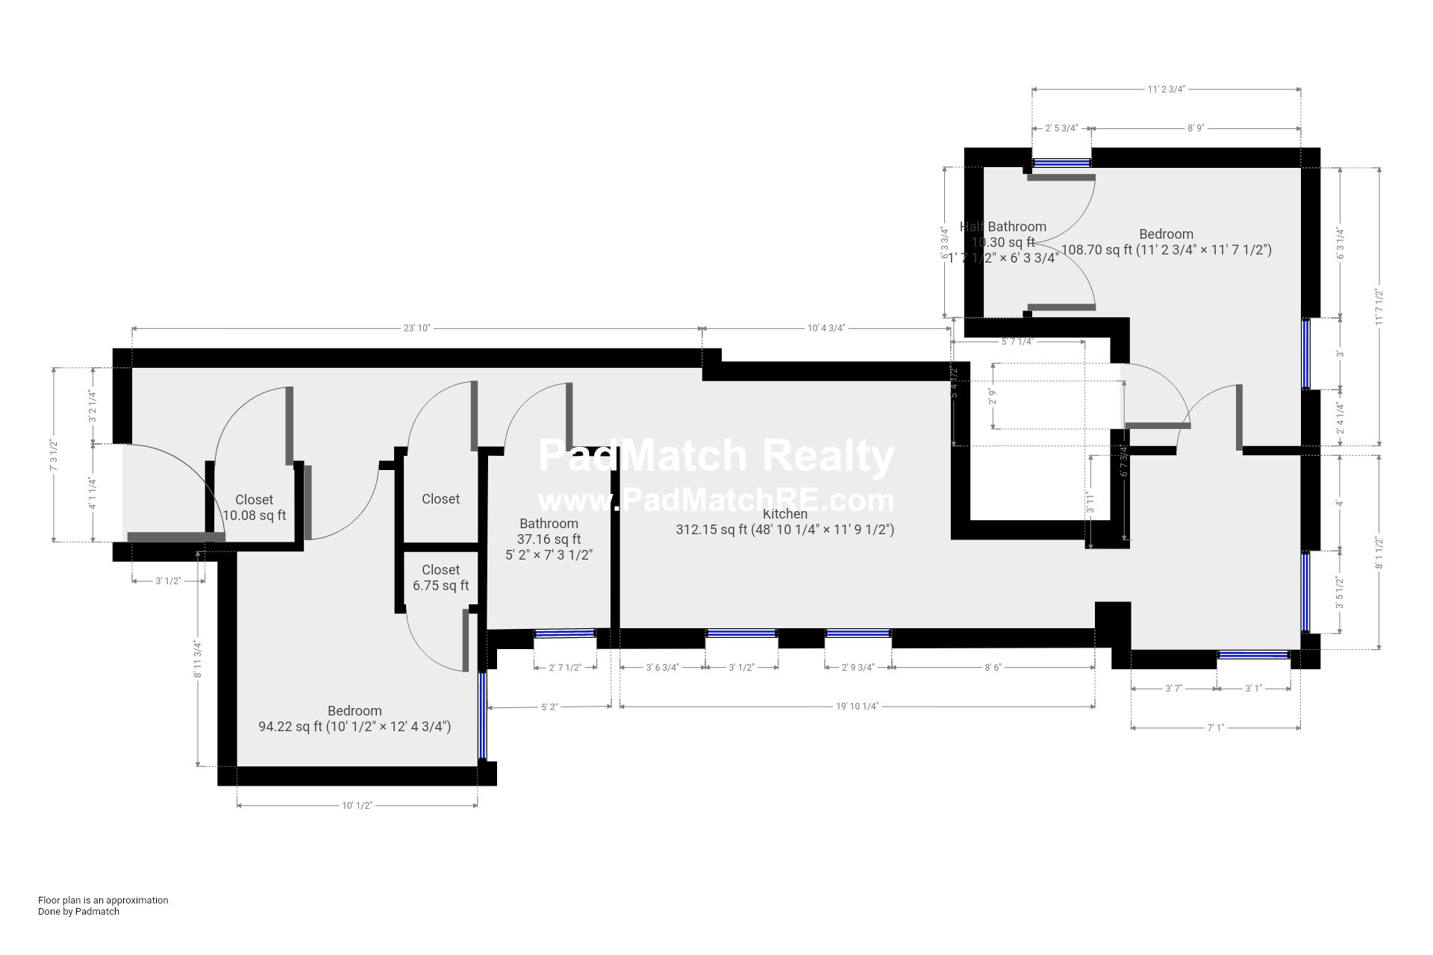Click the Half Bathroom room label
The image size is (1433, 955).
click(x=1002, y=227)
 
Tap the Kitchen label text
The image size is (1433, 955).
click(x=784, y=514)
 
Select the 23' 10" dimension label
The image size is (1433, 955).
click(x=417, y=328)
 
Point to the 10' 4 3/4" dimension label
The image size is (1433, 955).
click(x=825, y=328)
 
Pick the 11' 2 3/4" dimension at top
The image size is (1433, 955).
click(x=1166, y=90)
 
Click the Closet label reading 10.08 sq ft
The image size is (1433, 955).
click(x=254, y=507)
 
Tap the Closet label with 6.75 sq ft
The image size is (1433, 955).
click(x=440, y=577)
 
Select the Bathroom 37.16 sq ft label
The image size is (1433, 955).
click(x=549, y=539)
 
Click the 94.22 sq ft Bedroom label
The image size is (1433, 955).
click(x=355, y=718)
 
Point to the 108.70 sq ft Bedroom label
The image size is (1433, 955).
click(x=1166, y=242)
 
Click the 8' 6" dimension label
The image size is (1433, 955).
click(x=993, y=668)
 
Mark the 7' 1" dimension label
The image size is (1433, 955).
click(x=1215, y=727)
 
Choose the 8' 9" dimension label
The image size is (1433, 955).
click(x=1195, y=128)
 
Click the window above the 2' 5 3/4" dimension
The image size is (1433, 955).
click(x=1061, y=162)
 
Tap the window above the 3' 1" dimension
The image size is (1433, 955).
click(x=1254, y=655)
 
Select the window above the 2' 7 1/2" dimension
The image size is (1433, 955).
click(x=565, y=633)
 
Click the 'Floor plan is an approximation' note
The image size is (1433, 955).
click(x=103, y=900)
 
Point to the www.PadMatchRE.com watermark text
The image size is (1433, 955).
click(x=716, y=499)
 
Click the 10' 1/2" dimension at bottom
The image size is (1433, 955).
click(x=357, y=806)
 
